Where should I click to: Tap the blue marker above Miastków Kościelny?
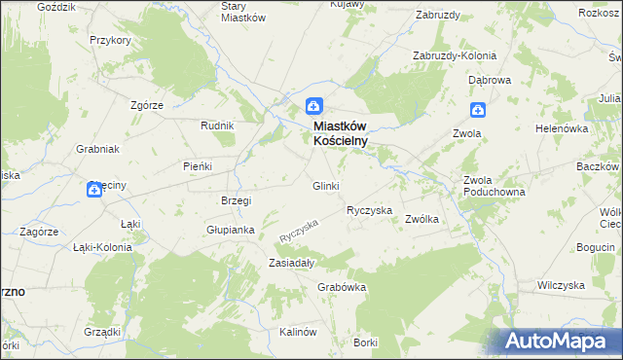314,107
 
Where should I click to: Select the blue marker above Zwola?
477,112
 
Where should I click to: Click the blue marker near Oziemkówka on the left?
94,190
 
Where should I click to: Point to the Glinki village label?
325,186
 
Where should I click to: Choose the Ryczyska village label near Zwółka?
369,210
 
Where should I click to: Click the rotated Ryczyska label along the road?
299,231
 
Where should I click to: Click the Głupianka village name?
230,231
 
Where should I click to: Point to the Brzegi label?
237,200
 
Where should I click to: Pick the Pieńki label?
198,166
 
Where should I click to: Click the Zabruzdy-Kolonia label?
455,55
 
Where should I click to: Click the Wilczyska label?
560,286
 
